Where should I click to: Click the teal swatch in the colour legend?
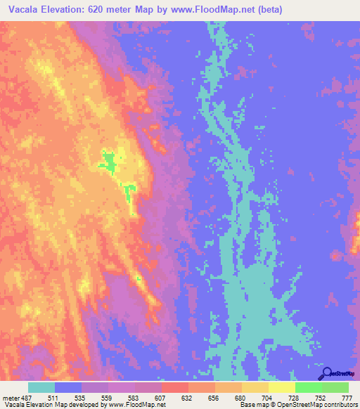[x=41, y=387]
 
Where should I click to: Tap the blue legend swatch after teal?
[x=68, y=387]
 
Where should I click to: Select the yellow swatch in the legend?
[x=282, y=387]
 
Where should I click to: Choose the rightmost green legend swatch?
[x=335, y=387]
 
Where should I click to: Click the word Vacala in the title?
[x=23, y=9]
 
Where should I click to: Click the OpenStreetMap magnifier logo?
[x=328, y=372]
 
